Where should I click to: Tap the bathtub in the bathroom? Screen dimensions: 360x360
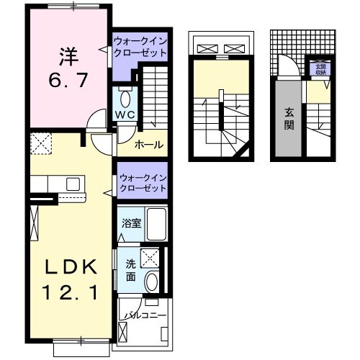pyautogui.click(x=155, y=224)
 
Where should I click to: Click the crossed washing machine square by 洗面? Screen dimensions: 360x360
pyautogui.click(x=150, y=256)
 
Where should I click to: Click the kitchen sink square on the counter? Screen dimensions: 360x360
pyautogui.click(x=72, y=184)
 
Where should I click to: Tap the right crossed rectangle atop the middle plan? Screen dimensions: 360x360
pyautogui.click(x=235, y=49)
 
